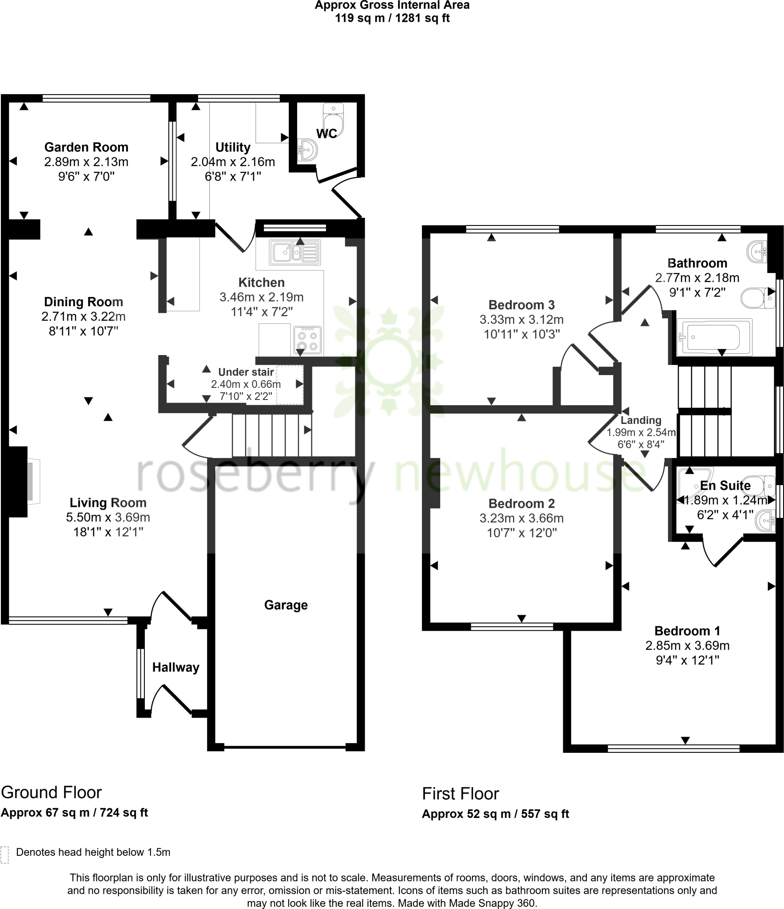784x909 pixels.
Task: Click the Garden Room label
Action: (86, 147)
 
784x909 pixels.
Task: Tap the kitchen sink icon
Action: (294, 253)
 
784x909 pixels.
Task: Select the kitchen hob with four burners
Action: (307, 340)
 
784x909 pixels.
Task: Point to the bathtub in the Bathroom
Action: (713, 337)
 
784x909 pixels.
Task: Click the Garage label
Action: (286, 605)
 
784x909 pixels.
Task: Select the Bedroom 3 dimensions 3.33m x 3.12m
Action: (521, 320)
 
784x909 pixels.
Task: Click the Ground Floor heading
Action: (51, 792)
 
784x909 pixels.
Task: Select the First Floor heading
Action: (460, 794)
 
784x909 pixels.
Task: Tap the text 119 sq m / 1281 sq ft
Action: (392, 18)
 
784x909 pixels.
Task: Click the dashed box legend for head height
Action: (5, 854)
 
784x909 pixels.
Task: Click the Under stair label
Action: (246, 372)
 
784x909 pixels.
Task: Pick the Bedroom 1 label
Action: (687, 631)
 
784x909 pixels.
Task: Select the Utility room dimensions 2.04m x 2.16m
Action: (233, 162)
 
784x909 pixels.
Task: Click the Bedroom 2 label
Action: (521, 503)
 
